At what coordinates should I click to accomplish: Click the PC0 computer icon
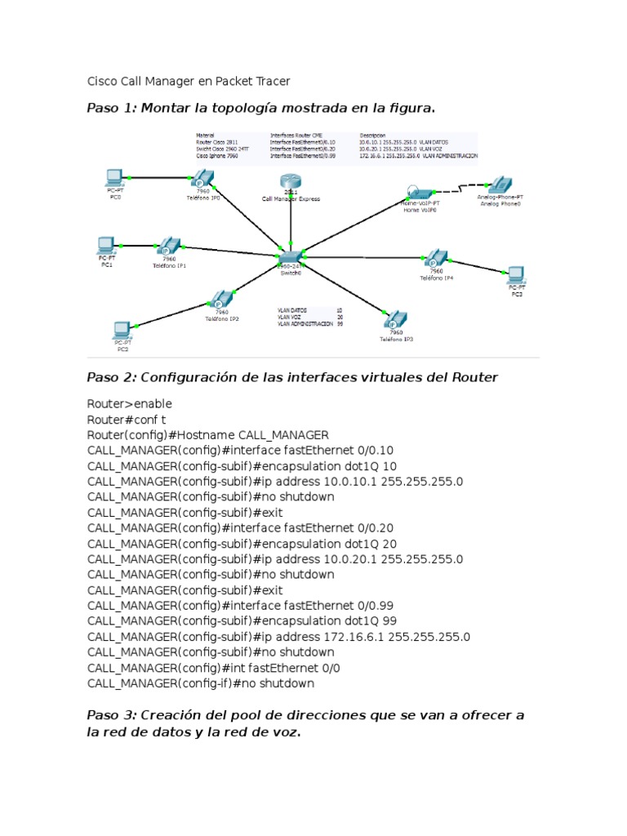point(114,176)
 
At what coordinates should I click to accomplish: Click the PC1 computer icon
point(105,244)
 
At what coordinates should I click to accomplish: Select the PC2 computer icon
point(122,330)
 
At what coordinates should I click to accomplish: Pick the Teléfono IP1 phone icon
point(169,247)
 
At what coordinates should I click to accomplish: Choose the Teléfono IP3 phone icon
point(396,319)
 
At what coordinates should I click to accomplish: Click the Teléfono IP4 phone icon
point(436,259)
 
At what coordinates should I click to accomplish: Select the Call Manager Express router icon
point(290,182)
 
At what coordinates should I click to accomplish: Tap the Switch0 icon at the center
point(289,255)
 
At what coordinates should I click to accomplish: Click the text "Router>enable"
point(130,404)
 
